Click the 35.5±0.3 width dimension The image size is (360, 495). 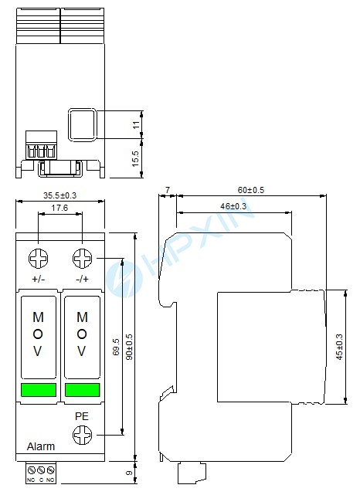coord(59,195)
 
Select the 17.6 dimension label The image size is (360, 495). coord(59,208)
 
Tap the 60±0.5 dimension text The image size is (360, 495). coord(251,190)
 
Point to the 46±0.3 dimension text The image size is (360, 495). coord(233,206)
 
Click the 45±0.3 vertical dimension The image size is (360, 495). coord(339,347)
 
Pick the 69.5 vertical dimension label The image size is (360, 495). coord(116,347)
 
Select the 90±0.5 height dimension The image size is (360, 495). coord(129,347)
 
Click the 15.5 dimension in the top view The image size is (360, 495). coord(135,159)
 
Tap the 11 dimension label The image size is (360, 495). coord(136,125)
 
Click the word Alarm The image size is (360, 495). coord(41,446)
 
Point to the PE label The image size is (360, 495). coord(82,416)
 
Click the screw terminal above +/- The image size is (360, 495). coord(38,258)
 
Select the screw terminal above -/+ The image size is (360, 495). coord(83,258)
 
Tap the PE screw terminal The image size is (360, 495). coord(83,435)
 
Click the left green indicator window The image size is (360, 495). coord(39,389)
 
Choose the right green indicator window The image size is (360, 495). coord(83,389)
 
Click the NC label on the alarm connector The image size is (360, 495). coord(31,480)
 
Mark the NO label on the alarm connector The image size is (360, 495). coord(50,480)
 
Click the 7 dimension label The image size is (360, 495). coord(168,190)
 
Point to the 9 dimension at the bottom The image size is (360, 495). coord(129,473)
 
